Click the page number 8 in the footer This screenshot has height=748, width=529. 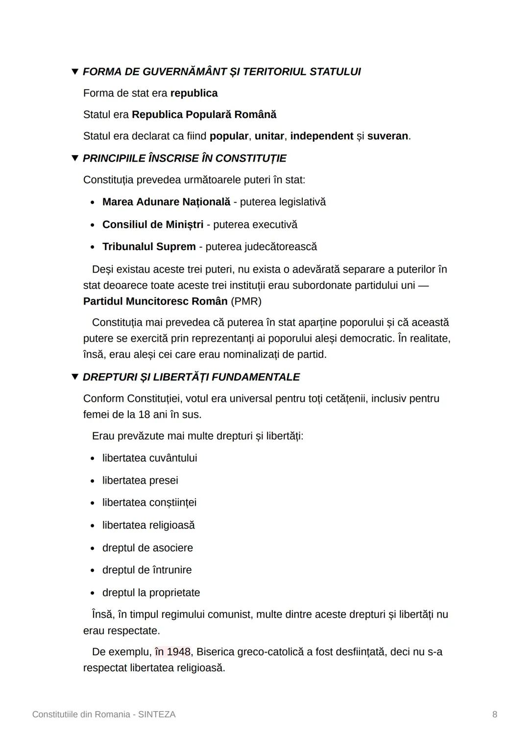point(494,714)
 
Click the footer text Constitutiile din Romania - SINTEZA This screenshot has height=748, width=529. point(104,714)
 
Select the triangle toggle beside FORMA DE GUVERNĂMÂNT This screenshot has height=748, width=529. point(75,71)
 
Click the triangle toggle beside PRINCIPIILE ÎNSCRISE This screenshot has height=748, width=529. point(75,158)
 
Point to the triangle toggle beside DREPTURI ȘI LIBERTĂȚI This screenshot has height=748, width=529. point(75,377)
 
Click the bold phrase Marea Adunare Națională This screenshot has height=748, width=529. point(166,202)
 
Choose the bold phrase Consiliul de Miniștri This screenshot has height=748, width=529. point(153,225)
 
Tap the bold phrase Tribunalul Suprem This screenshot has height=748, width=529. point(149,247)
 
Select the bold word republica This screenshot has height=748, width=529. point(194,93)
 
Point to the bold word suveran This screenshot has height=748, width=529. point(387,136)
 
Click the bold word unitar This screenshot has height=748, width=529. point(269,136)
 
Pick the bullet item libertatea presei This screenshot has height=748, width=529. point(140,481)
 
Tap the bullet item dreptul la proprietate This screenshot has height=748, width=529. point(151,593)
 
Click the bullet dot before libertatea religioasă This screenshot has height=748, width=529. point(93,526)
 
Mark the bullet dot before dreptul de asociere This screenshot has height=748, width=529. point(93,548)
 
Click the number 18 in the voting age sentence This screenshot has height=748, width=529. point(144,415)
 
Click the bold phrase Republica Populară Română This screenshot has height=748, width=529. point(204,115)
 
